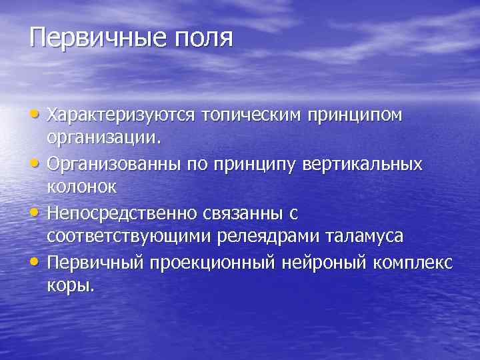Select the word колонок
[x=82, y=188]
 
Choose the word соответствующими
[x=126, y=237]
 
